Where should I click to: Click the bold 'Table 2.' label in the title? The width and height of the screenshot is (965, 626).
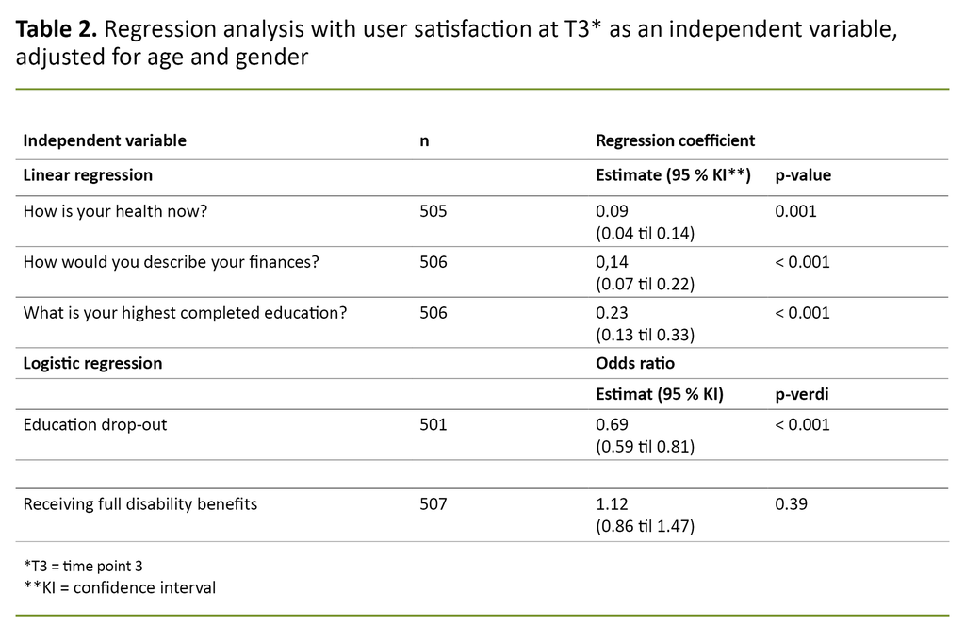click(x=56, y=30)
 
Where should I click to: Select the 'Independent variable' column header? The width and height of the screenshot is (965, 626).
click(x=105, y=140)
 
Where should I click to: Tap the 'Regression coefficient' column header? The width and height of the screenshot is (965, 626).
click(x=675, y=140)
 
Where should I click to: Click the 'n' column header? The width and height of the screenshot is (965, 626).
click(x=424, y=140)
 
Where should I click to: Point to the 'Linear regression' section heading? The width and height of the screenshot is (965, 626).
click(x=88, y=175)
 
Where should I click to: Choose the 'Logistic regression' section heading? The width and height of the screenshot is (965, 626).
click(x=92, y=363)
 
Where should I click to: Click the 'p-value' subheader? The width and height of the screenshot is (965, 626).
click(x=803, y=175)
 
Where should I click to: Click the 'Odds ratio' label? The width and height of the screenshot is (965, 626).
click(x=635, y=363)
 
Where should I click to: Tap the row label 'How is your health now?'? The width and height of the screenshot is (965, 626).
click(x=115, y=211)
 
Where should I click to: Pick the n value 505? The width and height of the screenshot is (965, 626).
click(x=433, y=211)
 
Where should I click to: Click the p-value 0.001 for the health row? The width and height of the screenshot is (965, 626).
click(x=795, y=211)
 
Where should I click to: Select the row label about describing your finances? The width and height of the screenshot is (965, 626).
click(x=171, y=262)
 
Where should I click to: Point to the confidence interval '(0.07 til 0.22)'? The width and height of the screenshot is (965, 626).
click(x=645, y=283)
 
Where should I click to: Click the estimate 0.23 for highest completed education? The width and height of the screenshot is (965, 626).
click(x=612, y=312)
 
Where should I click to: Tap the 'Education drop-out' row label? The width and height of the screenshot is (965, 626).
click(x=95, y=424)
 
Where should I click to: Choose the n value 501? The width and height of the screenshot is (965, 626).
click(x=433, y=424)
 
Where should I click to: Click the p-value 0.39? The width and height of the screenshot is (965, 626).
click(x=791, y=504)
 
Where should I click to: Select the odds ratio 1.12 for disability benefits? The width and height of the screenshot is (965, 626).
click(x=612, y=504)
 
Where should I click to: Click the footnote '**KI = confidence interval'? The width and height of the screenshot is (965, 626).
click(x=120, y=588)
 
